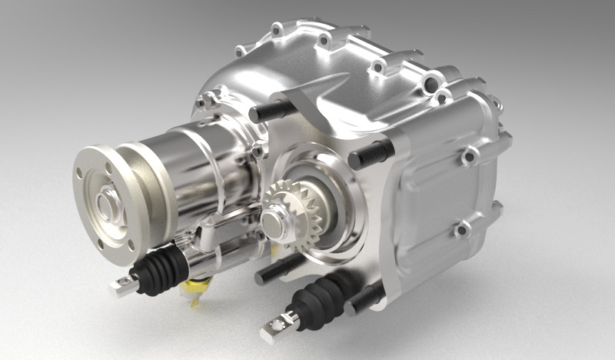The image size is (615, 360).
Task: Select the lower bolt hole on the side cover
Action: pyautogui.click(x=461, y=229)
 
